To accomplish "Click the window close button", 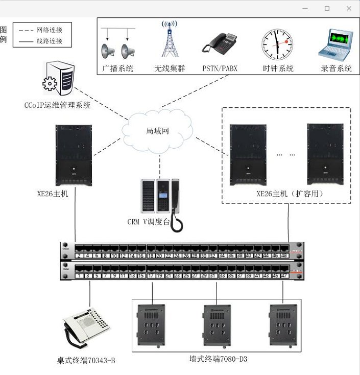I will click(349, 9).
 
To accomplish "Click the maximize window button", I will click(327, 9).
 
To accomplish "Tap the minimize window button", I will click(305, 9).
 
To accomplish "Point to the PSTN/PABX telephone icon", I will click(220, 43).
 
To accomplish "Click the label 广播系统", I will click(117, 68).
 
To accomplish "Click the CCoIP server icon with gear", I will click(58, 78).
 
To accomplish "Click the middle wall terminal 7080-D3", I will click(217, 325).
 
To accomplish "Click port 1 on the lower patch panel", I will click(79, 275).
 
